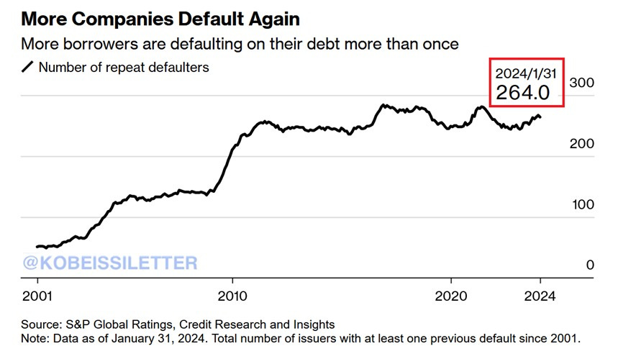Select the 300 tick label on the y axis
(x=581, y=83)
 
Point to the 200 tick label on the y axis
(x=581, y=144)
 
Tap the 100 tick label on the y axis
(x=581, y=204)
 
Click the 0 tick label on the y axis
(x=590, y=265)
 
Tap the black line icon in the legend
(x=28, y=68)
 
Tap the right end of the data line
(x=541, y=117)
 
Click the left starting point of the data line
(x=37, y=247)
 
